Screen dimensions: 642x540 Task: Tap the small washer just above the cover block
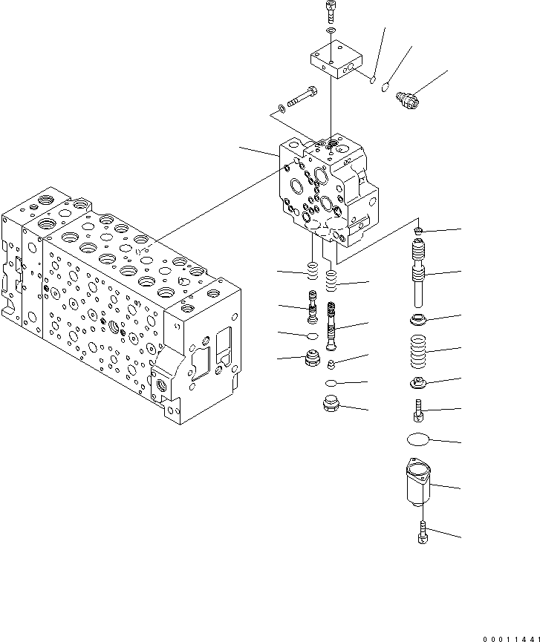(331, 31)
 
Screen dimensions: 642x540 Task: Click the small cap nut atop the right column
(420, 232)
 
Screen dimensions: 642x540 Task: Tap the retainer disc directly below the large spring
(420, 383)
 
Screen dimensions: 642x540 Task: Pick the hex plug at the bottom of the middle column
(329, 405)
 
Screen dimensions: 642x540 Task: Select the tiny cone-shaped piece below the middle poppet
(332, 363)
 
